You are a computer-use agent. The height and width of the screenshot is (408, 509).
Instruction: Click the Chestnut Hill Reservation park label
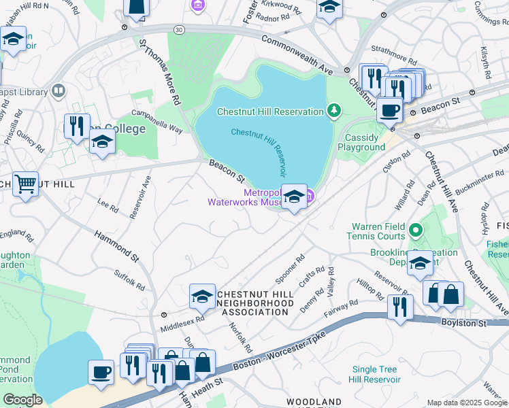tap(269, 112)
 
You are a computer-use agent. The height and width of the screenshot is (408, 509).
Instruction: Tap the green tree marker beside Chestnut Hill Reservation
tap(333, 110)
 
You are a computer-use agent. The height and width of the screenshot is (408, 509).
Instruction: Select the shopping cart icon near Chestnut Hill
tap(25, 184)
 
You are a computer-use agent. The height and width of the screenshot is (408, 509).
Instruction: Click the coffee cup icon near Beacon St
tap(389, 109)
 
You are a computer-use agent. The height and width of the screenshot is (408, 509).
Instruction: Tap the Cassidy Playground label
tap(361, 142)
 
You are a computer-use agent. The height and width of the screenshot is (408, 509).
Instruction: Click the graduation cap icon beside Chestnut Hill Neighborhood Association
tap(202, 296)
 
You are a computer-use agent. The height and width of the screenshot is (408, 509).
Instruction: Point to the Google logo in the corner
tap(22, 400)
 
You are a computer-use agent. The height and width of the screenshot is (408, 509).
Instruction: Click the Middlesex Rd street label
tap(182, 324)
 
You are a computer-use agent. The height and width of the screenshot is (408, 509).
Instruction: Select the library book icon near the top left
tap(59, 91)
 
